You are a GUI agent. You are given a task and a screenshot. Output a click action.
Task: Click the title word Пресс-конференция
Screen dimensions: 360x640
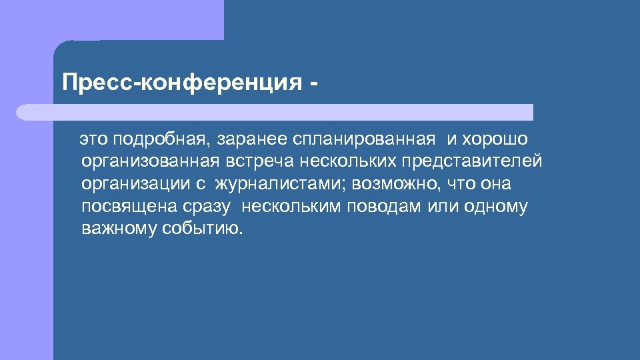click(180, 84)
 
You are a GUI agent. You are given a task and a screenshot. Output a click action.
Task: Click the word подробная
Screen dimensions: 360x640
click(159, 139)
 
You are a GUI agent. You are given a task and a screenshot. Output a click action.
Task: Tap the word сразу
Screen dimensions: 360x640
click(208, 207)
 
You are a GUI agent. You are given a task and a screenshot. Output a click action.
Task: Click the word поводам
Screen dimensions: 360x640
click(383, 207)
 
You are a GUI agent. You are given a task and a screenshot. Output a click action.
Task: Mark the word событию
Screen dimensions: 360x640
click(203, 229)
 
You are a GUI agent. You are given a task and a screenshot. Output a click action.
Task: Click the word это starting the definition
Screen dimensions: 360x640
click(94, 139)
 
